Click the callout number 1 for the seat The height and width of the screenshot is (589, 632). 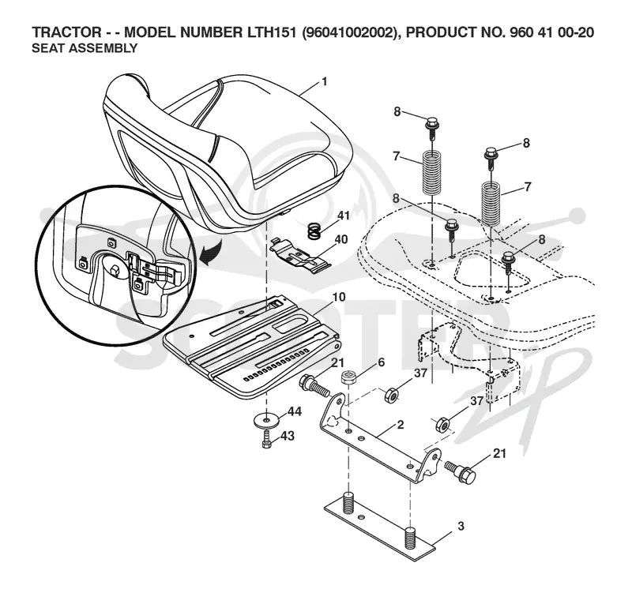[324, 82]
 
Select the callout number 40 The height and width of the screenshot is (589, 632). [341, 239]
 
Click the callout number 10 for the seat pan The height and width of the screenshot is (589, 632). [339, 297]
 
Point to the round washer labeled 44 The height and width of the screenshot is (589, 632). [266, 421]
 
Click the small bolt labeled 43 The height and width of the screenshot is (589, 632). [266, 440]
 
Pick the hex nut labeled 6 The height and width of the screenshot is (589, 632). [348, 378]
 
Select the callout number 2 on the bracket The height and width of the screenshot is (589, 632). [401, 425]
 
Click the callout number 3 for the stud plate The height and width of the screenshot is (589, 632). [461, 526]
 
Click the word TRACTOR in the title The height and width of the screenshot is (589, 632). [66, 32]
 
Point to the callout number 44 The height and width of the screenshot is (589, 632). [294, 411]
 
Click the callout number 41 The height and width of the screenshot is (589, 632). [344, 216]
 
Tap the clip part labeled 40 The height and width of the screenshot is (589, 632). [300, 253]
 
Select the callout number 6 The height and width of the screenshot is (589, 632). [381, 362]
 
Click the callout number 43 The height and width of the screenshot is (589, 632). [288, 436]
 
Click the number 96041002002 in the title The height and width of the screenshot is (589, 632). [349, 32]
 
